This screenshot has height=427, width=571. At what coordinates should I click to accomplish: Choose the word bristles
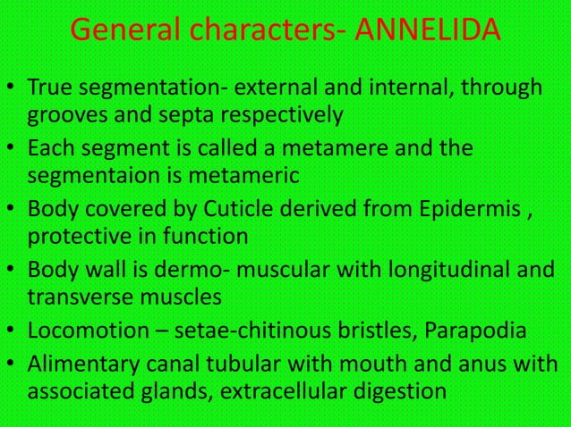click(x=359, y=333)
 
